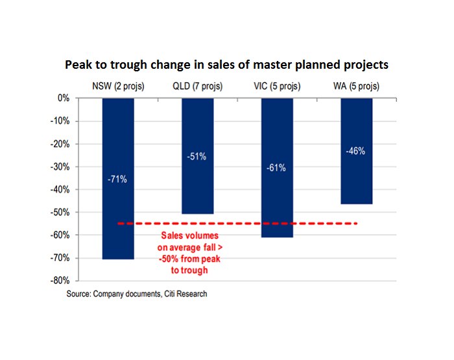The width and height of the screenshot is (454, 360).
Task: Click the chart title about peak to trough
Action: tap(226, 66)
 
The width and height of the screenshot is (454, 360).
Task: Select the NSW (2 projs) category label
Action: tap(117, 87)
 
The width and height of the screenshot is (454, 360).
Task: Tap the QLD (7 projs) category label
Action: tap(197, 87)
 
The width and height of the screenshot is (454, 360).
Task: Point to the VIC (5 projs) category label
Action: tap(277, 87)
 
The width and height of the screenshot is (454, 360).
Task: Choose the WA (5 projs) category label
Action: tap(355, 87)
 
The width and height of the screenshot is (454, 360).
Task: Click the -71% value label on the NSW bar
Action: tap(117, 179)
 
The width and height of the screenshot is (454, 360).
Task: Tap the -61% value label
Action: tap(277, 167)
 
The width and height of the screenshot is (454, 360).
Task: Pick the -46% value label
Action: tap(356, 151)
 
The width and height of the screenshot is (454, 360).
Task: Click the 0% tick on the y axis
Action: tap(63, 99)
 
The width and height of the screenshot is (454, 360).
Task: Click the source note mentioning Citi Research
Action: tap(136, 294)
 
